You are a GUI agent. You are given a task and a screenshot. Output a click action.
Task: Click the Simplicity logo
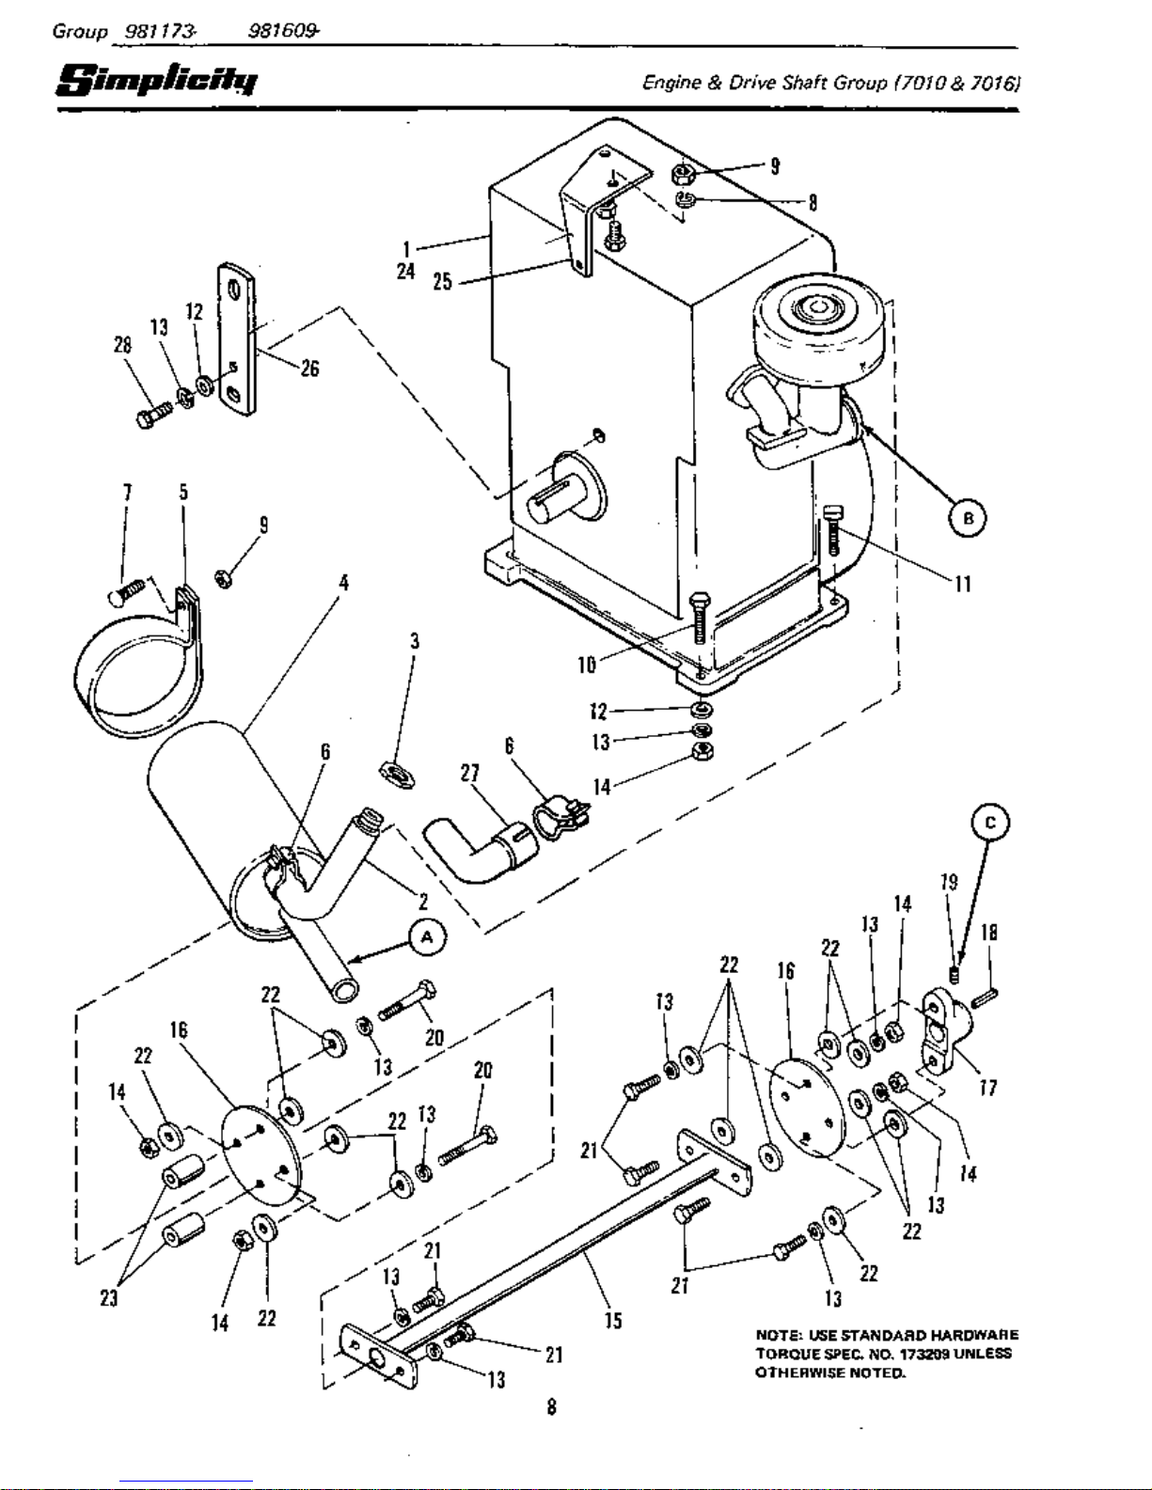[x=157, y=80]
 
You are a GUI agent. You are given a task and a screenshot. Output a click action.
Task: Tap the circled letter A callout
[x=427, y=938]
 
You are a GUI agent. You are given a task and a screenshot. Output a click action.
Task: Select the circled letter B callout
[x=968, y=518]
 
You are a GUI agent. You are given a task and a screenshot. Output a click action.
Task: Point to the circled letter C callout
[x=989, y=823]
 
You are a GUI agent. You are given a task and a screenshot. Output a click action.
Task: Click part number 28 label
[x=123, y=345]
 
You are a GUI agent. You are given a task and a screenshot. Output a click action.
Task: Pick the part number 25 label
[x=443, y=282]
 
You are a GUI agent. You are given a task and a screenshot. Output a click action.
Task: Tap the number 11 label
[x=963, y=584]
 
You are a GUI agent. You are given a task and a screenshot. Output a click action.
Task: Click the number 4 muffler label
[x=343, y=583]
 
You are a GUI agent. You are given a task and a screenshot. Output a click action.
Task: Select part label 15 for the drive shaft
[x=613, y=1321]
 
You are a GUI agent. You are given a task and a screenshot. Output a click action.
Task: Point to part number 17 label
[x=988, y=1088]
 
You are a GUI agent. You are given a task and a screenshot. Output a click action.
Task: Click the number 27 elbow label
[x=469, y=774]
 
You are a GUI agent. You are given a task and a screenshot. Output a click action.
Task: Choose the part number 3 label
[x=414, y=641]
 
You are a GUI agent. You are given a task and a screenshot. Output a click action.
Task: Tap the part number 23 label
[x=109, y=1298]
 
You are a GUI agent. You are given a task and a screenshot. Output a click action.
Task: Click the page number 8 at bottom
[x=551, y=1407]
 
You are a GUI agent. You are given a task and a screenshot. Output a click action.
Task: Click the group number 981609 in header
[x=282, y=31]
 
